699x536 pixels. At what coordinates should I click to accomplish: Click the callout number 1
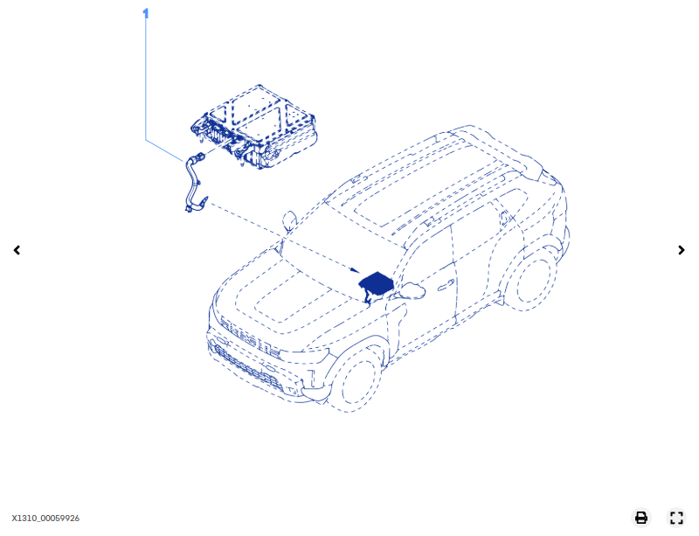click(x=146, y=13)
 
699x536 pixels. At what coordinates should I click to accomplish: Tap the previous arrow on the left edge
click(x=17, y=250)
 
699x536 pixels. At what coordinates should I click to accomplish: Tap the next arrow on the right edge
click(x=682, y=250)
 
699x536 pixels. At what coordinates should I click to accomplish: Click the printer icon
click(x=641, y=518)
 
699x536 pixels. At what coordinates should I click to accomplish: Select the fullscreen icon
click(x=676, y=518)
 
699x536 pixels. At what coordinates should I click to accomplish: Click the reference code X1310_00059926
click(x=45, y=519)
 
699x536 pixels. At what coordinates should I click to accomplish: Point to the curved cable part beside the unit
click(x=192, y=184)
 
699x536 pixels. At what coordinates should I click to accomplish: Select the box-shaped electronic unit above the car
click(x=254, y=127)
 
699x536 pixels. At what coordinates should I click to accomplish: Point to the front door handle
click(x=446, y=285)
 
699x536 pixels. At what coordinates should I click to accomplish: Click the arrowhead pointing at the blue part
click(x=355, y=270)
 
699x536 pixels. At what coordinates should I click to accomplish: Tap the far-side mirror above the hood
click(x=289, y=220)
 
